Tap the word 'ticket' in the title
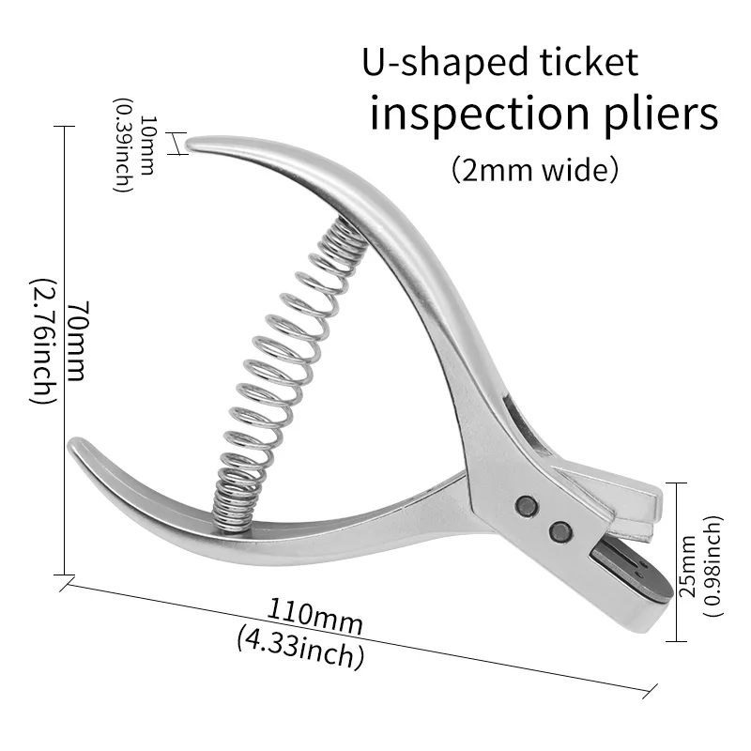tap(587, 63)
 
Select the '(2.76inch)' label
tap(44, 341)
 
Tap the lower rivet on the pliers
tap(561, 530)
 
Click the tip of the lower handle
tap(75, 446)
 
